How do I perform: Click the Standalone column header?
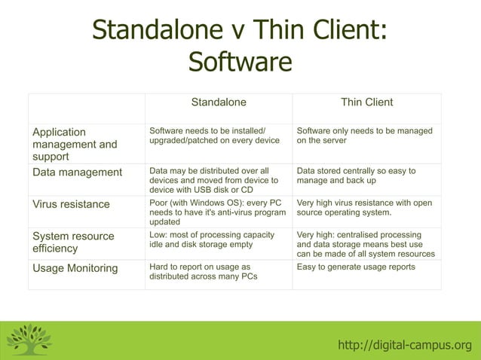point(218,102)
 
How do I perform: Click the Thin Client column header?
point(366,102)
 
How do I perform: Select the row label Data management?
point(77,172)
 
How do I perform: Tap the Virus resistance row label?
point(71,204)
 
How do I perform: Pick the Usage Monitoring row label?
point(75,268)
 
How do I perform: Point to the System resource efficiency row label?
point(73,242)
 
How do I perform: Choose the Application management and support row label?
point(75,144)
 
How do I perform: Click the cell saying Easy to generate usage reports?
point(356,267)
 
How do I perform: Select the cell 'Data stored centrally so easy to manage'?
point(356,175)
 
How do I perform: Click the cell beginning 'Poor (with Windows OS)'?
point(217,212)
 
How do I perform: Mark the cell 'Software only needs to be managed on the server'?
point(364,136)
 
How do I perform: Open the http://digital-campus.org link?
point(404,346)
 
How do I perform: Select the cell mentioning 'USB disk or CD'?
point(213,181)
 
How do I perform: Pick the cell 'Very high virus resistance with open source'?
point(364,207)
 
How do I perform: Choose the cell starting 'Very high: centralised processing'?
point(366,244)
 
